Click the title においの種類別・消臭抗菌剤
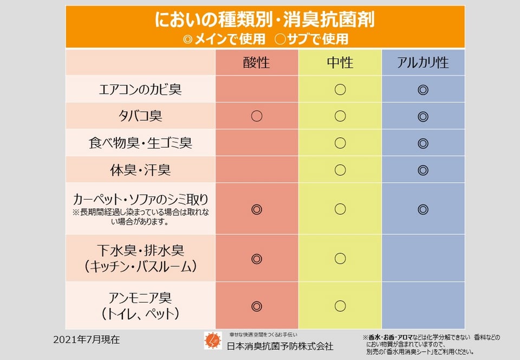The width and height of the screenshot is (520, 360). [x=265, y=20]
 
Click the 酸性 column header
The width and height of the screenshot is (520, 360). [x=257, y=62]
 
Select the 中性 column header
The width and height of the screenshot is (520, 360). [x=340, y=62]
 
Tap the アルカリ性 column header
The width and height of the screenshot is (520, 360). [x=423, y=62]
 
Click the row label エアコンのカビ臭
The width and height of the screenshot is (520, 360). [x=140, y=89]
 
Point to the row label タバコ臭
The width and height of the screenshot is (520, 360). [x=140, y=116]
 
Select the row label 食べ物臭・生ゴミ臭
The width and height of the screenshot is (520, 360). [x=140, y=143]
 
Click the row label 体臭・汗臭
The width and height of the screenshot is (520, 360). [x=140, y=170]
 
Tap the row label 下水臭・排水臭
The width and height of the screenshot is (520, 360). [x=140, y=250]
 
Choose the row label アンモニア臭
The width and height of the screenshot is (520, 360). [x=140, y=298]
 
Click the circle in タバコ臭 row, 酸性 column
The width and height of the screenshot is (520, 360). [x=257, y=116]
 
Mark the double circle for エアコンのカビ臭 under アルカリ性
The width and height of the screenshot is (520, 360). [x=423, y=89]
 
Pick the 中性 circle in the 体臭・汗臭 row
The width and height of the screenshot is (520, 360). [x=340, y=170]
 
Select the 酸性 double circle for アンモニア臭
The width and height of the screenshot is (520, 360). [x=257, y=306]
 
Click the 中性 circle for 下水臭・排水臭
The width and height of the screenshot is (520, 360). [x=340, y=259]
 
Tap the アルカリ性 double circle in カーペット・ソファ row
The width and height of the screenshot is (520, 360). [x=423, y=209]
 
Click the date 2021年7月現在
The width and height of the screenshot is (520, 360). [x=87, y=340]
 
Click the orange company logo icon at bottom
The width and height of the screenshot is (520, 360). [x=212, y=340]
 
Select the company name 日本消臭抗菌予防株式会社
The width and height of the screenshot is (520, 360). [x=279, y=346]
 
